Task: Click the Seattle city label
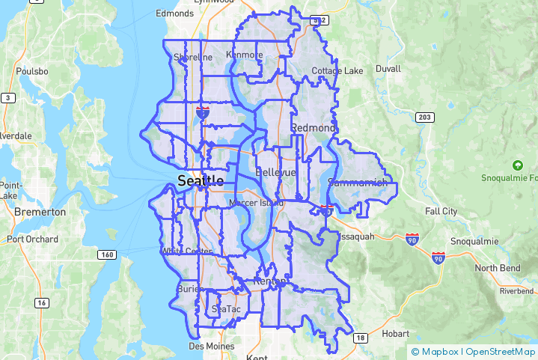(200, 180)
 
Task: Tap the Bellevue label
(276, 172)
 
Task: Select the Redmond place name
(313, 128)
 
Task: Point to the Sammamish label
(358, 182)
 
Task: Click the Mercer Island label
(257, 203)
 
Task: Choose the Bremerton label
(40, 212)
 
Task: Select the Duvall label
(388, 68)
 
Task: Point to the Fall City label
(441, 212)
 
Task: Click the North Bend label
(497, 268)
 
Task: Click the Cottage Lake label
(337, 71)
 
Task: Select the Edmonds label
(174, 13)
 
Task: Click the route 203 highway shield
(425, 118)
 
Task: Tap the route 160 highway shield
(106, 255)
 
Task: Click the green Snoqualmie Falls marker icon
(516, 165)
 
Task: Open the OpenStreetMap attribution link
(501, 351)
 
